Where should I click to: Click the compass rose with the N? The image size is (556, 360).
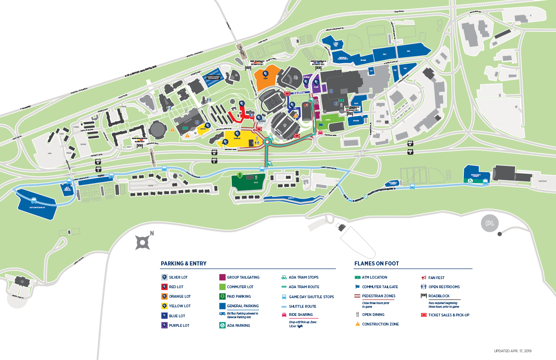pyautogui.click(x=143, y=242)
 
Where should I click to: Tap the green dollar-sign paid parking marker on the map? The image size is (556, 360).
pyautogui.click(x=240, y=175)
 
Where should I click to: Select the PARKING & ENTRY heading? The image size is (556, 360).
pyautogui.click(x=184, y=264)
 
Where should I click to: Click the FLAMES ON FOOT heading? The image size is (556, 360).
pyautogui.click(x=376, y=264)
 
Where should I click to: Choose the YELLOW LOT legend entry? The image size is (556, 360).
pyautogui.click(x=180, y=306)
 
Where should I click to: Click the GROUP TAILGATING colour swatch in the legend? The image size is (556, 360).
pyautogui.click(x=223, y=277)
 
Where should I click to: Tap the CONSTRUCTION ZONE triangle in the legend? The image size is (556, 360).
pyautogui.click(x=357, y=324)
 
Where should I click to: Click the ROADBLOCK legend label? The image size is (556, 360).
pyautogui.click(x=439, y=296)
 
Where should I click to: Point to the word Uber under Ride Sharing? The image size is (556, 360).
pyautogui.click(x=294, y=332)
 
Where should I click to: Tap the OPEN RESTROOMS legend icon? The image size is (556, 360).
pyautogui.click(x=423, y=287)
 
